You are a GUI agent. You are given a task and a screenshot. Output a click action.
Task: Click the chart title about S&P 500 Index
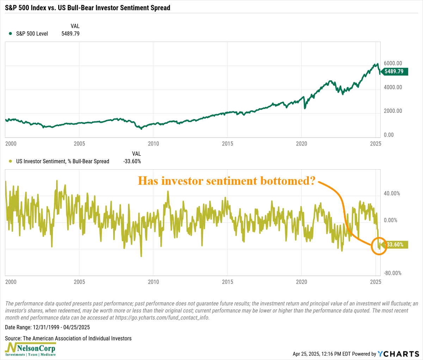click(x=87, y=7)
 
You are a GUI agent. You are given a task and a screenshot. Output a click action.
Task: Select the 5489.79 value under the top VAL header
click(x=70, y=34)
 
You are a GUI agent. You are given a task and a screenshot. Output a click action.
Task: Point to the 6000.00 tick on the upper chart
click(x=393, y=63)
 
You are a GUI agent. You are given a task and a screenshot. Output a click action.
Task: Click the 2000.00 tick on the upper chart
click(x=393, y=111)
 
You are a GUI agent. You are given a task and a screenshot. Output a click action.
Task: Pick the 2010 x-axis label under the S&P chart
click(x=153, y=144)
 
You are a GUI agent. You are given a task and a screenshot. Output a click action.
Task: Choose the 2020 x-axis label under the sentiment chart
click(x=302, y=282)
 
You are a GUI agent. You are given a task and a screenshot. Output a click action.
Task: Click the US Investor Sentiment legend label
click(x=63, y=161)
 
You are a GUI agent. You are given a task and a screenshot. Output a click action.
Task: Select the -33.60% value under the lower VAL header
click(x=132, y=161)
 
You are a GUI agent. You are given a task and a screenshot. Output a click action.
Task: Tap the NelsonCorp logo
click(x=30, y=349)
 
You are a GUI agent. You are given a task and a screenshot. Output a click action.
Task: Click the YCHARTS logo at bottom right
click(x=398, y=354)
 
